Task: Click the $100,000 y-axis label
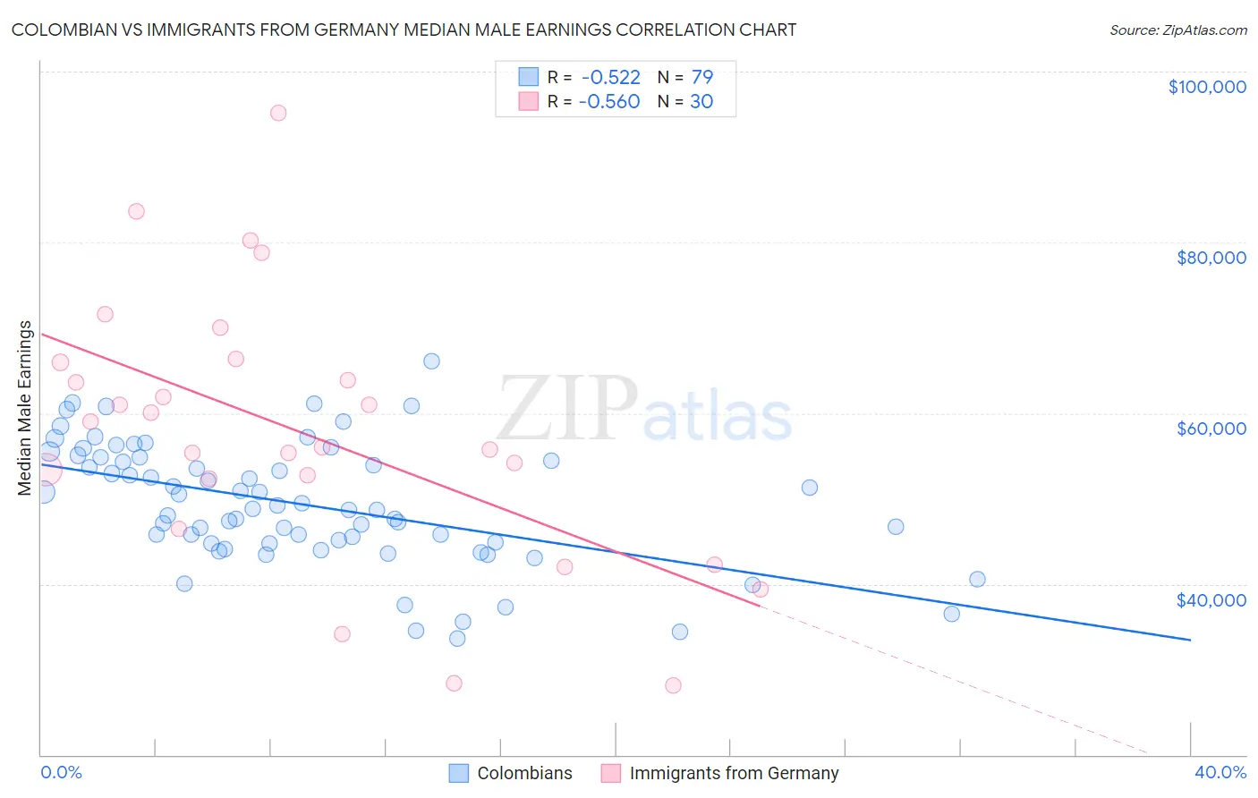[1206, 87]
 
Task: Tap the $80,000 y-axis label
[1211, 258]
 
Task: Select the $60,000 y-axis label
[1211, 429]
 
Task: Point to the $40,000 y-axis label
[1211, 599]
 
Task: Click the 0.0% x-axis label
[61, 772]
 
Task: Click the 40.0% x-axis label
[1220, 772]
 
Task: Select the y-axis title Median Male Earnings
[25, 408]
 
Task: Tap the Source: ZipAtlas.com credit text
[1177, 30]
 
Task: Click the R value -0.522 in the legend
[610, 78]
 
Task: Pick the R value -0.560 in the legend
[609, 102]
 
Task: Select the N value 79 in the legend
[701, 78]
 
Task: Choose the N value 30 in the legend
[701, 102]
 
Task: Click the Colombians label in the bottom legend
[524, 773]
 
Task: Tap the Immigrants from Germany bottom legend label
[734, 773]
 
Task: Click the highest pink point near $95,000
[278, 113]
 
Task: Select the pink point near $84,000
[136, 211]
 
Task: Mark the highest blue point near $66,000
[431, 361]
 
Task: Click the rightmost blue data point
[977, 579]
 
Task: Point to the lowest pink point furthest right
[673, 685]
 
